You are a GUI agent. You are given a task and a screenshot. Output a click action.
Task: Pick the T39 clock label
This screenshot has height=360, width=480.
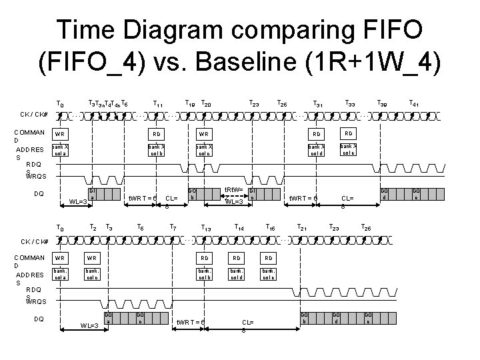pyautogui.click(x=383, y=103)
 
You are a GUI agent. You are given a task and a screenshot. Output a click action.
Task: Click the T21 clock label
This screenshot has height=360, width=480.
pyautogui.click(x=302, y=229)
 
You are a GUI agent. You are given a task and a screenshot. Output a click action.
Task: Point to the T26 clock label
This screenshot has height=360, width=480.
pyautogui.click(x=367, y=229)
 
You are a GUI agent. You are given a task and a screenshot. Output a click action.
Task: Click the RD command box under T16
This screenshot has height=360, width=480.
pyautogui.click(x=268, y=258)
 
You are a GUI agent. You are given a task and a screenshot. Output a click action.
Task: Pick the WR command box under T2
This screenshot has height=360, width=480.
pyautogui.click(x=93, y=258)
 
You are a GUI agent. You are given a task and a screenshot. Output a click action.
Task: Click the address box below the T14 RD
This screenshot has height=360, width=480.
pyautogui.click(x=235, y=274)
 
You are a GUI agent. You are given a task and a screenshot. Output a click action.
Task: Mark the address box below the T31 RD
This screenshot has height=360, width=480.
pyautogui.click(x=318, y=149)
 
